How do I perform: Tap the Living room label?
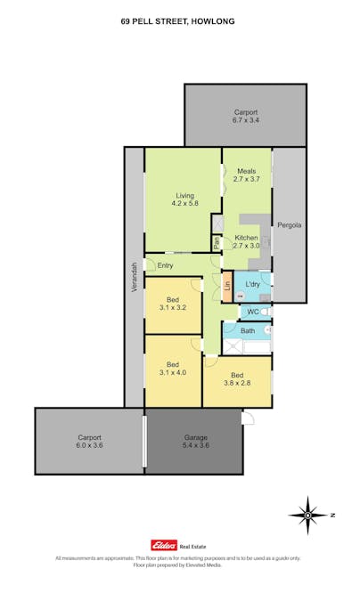pyautogui.click(x=184, y=199)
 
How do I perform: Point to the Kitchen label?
pyautogui.click(x=246, y=242)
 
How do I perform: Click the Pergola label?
pyautogui.click(x=289, y=224)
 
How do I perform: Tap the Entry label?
pyautogui.click(x=165, y=265)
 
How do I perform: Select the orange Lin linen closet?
pyautogui.click(x=227, y=285)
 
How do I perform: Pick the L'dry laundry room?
pyautogui.click(x=252, y=284)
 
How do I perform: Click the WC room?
pyautogui.click(x=252, y=312)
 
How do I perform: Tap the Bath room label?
pyautogui.click(x=247, y=331)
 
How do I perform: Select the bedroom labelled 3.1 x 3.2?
pyautogui.click(x=174, y=303)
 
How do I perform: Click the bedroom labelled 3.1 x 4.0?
pyautogui.click(x=174, y=368)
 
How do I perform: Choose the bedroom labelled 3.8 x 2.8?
pyautogui.click(x=237, y=379)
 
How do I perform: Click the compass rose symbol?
pyautogui.click(x=307, y=514)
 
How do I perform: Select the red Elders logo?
pyautogui.click(x=163, y=546)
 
